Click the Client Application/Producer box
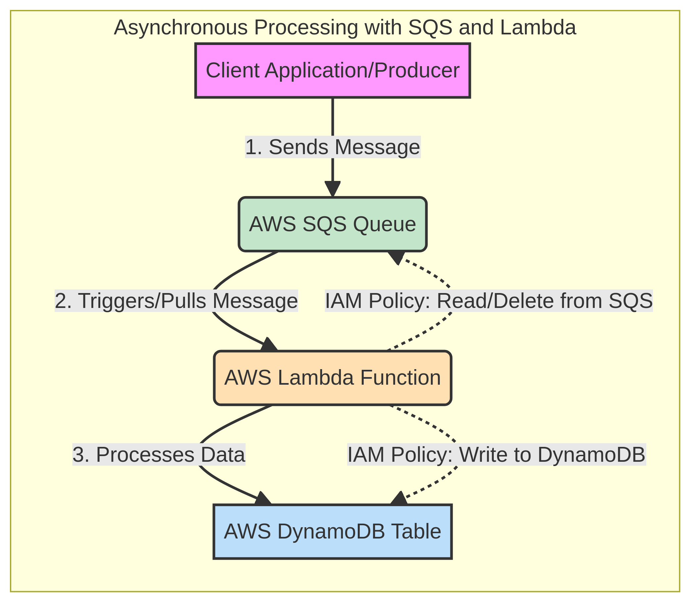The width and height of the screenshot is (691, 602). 332,70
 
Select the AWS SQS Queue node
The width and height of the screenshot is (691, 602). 332,224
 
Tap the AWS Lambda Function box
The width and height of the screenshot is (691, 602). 332,378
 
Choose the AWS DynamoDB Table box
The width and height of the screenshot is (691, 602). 332,532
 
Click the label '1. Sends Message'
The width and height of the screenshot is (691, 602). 333,147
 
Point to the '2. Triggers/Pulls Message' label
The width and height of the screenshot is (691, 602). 176,301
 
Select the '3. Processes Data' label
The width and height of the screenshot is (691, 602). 159,455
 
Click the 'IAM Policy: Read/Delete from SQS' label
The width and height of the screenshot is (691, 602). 489,301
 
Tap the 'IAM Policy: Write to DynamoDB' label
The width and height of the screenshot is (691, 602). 496,455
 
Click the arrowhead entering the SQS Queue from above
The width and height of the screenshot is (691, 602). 332,189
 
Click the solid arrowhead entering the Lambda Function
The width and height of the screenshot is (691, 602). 269,345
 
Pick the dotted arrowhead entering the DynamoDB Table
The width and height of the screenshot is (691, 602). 399,498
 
